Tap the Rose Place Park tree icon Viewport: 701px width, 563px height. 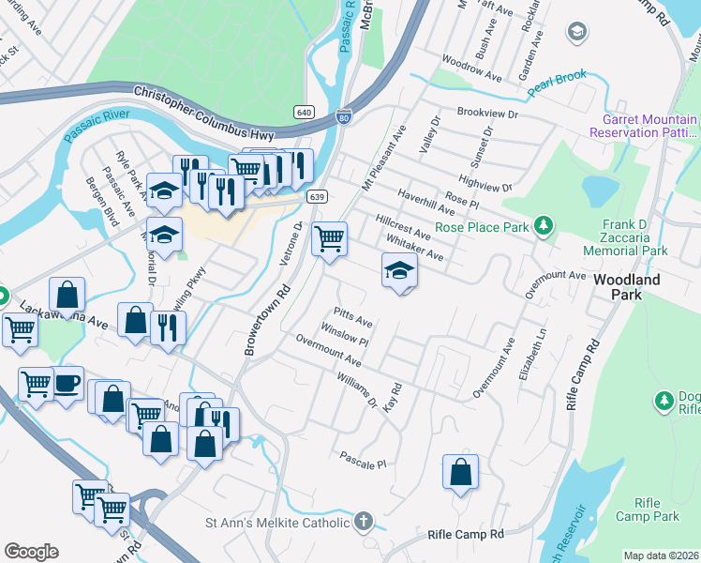tap(542, 225)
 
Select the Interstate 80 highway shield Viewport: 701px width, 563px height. tap(344, 117)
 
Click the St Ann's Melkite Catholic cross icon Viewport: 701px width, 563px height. tap(364, 521)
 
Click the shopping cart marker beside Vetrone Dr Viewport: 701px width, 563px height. tap(329, 239)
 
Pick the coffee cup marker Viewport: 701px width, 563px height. tap(67, 384)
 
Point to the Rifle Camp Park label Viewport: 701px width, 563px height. tap(648, 510)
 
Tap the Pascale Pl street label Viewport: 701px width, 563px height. tap(363, 464)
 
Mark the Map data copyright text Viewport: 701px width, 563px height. tap(661, 555)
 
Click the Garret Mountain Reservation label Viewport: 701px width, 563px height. tap(643, 127)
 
